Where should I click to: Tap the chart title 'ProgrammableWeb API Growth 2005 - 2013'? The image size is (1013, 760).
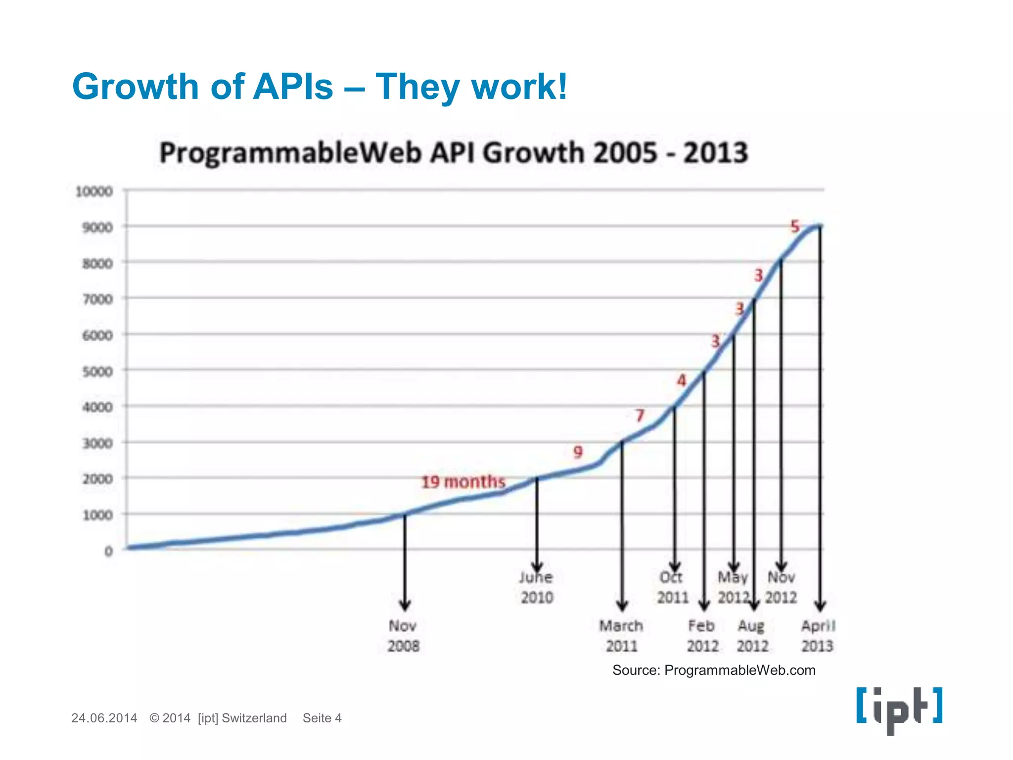pos(453,152)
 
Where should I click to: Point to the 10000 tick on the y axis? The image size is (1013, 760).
pos(94,191)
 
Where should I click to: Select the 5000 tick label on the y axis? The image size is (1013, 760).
pos(97,372)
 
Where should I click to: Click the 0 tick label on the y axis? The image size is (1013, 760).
pos(108,551)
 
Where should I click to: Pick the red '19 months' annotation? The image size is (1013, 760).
pos(463,481)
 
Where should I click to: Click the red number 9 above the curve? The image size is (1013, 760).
pos(578,452)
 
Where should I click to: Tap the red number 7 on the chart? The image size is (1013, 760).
pos(640,415)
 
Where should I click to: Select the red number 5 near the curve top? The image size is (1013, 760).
pos(795,227)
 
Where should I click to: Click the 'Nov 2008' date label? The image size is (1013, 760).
pos(403,636)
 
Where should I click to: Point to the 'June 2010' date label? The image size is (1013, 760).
pos(537,587)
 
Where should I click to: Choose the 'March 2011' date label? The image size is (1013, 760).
pos(621,636)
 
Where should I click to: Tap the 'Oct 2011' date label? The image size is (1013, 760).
pos(672,587)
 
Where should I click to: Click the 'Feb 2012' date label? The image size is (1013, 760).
pos(702,636)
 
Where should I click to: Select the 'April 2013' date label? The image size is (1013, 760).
pos(818,636)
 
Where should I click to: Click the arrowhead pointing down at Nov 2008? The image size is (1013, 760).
pos(405,605)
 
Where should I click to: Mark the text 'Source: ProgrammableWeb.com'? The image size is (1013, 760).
pos(713,670)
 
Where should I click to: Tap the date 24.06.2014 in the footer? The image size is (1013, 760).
pos(104,718)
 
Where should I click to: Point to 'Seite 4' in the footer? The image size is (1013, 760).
pos(322,718)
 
